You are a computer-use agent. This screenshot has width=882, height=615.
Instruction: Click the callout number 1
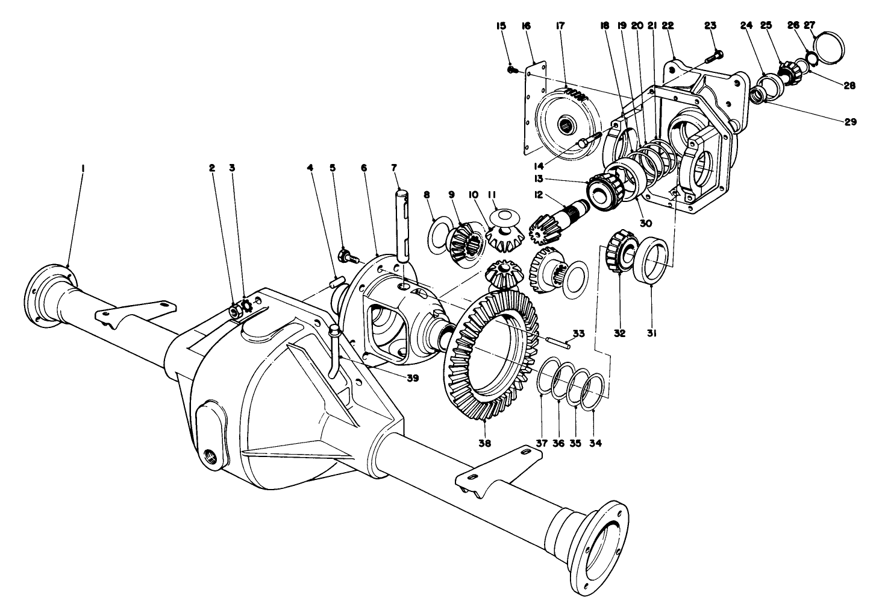point(83,168)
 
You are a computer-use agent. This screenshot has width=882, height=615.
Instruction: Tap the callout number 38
point(485,443)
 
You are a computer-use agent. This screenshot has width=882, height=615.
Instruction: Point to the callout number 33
point(578,333)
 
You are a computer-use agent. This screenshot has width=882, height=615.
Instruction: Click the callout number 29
point(849,121)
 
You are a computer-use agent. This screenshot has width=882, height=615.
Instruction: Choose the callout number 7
point(395,168)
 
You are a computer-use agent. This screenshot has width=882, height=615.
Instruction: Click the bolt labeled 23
point(716,60)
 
